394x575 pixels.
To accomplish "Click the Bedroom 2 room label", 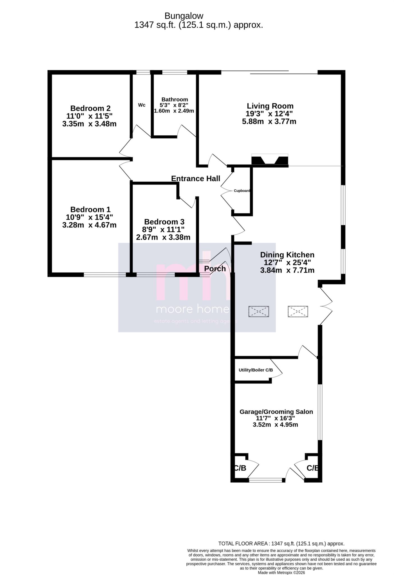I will pyautogui.click(x=90, y=108).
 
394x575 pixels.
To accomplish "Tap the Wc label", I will pyautogui.click(x=142, y=105).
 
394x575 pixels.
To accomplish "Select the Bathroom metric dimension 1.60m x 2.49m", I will pyautogui.click(x=174, y=111).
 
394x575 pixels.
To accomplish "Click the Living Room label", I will pyautogui.click(x=270, y=106).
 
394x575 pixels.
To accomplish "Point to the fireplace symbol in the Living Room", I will pyautogui.click(x=270, y=159).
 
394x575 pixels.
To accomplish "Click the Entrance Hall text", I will pyautogui.click(x=195, y=179).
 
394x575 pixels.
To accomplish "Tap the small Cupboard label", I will pyautogui.click(x=242, y=191).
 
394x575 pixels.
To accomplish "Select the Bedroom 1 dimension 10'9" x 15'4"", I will pyautogui.click(x=89, y=217).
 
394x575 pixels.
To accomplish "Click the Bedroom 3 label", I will pyautogui.click(x=164, y=222).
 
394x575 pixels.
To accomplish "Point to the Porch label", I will pyautogui.click(x=215, y=269).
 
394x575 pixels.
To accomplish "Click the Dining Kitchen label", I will pyautogui.click(x=287, y=255).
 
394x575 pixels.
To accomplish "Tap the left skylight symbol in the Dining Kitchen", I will pyautogui.click(x=259, y=311).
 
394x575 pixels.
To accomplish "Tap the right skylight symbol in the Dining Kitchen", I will pyautogui.click(x=298, y=311).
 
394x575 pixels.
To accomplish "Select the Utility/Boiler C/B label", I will pyautogui.click(x=255, y=370).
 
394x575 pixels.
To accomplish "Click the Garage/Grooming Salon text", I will pyautogui.click(x=276, y=412).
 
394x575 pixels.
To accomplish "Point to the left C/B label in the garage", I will pyautogui.click(x=240, y=468).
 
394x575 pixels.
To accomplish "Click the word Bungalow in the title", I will pyautogui.click(x=184, y=16).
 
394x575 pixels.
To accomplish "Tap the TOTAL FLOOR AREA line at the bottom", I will pyautogui.click(x=281, y=544).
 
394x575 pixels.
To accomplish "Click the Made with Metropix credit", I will pyautogui.click(x=281, y=572).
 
